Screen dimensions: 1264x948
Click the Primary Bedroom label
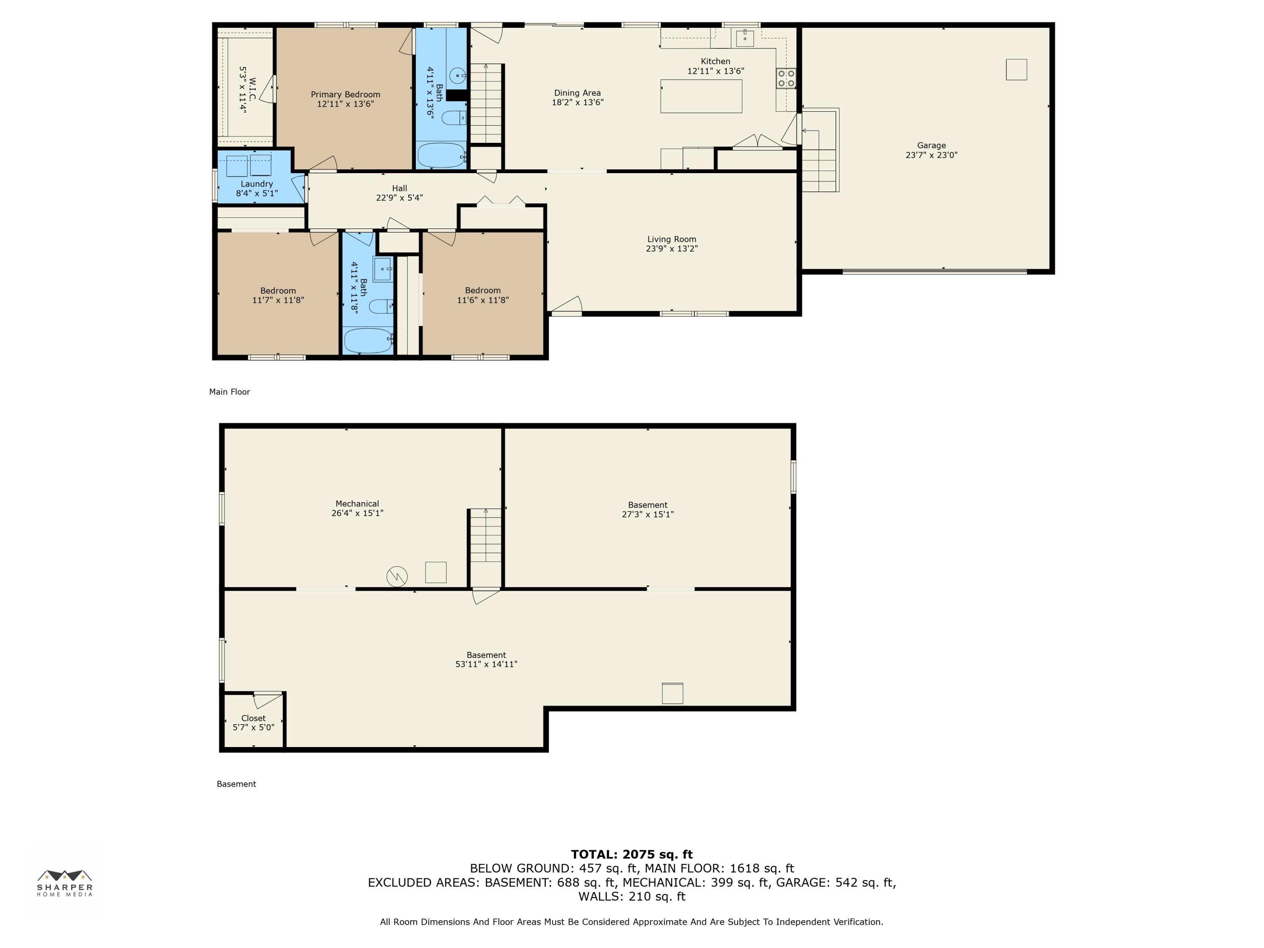click(345, 94)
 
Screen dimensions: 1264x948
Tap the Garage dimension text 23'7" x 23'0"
click(932, 155)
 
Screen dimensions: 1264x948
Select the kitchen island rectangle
click(701, 96)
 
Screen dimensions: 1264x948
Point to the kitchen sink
click(744, 38)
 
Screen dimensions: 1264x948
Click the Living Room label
click(672, 239)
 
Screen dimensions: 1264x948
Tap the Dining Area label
click(577, 93)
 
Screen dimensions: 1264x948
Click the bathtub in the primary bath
click(442, 155)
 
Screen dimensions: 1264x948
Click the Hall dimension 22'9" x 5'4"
click(399, 198)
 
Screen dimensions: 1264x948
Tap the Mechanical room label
click(357, 503)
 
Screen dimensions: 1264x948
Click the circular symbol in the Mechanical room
click(397, 576)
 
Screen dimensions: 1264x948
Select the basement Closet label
click(253, 718)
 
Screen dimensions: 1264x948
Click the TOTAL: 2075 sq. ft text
click(632, 854)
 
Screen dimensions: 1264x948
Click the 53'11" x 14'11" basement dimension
click(486, 664)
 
